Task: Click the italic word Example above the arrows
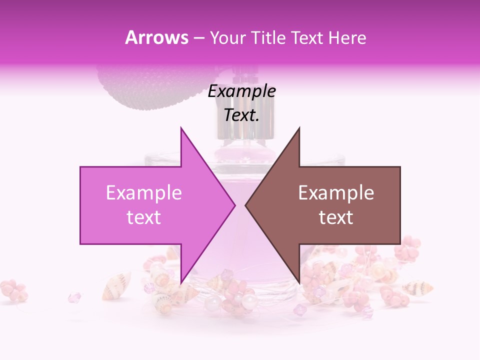tap(242, 91)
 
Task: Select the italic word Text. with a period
tap(242, 115)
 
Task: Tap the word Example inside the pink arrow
tap(144, 193)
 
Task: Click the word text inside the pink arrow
tap(144, 217)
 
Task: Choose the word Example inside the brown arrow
tap(336, 193)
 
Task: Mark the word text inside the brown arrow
tap(336, 217)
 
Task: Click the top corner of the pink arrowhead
tap(181, 128)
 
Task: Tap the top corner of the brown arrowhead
tap(299, 128)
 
